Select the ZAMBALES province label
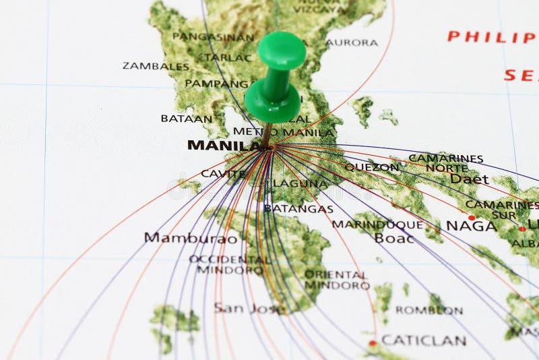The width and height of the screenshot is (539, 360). point(156,66)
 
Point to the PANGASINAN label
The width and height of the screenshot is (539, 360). point(213,37)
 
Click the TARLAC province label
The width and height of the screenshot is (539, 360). point(228,57)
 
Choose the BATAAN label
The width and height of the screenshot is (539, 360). point(186,119)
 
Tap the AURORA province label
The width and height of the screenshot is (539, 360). point(352,42)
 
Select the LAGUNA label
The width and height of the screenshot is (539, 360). point(300,183)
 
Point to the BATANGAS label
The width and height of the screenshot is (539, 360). point(298,209)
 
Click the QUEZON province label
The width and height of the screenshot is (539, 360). point(372,167)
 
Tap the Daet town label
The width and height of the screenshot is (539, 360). point(469,179)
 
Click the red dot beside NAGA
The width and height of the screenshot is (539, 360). point(472,217)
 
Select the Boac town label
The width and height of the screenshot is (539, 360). point(394,238)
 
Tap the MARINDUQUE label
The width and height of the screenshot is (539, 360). point(377,224)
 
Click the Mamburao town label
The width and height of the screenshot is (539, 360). point(191,238)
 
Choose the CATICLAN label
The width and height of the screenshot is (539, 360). point(424,340)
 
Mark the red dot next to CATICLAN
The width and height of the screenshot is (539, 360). point(373,343)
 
